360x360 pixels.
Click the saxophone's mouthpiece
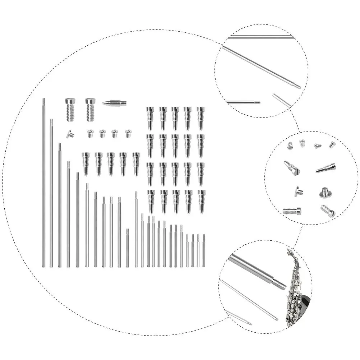pyautogui.click(x=288, y=251)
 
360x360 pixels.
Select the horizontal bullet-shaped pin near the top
pyautogui.click(x=114, y=103)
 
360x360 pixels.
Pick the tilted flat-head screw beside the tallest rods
pyautogui.click(x=70, y=134)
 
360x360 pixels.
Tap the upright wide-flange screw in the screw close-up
pyautogui.click(x=325, y=193)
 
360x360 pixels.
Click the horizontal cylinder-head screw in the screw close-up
pyautogui.click(x=292, y=211)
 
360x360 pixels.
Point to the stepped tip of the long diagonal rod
pyautogui.click(x=296, y=86)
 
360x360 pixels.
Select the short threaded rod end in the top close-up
pyautogui.click(x=257, y=102)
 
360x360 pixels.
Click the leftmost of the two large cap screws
pyautogui.click(x=70, y=109)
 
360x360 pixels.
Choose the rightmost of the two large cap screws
pyautogui.click(x=91, y=109)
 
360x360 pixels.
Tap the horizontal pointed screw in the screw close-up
pyautogui.click(x=326, y=168)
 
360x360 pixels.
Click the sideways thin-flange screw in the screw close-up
pyautogui.click(x=298, y=191)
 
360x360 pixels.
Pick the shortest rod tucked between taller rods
pyautogui.click(x=127, y=248)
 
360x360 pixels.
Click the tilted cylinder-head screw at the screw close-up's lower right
pyautogui.click(x=328, y=211)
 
